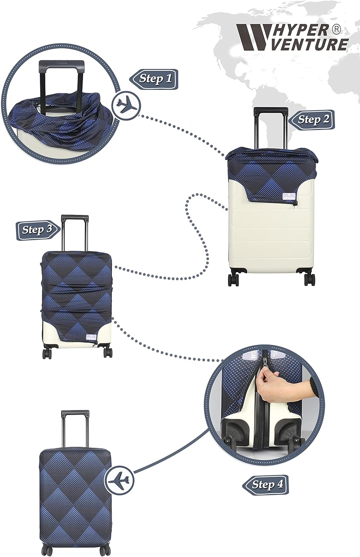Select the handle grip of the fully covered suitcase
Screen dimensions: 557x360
tap(75, 413)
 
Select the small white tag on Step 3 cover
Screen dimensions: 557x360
tap(89, 337)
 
